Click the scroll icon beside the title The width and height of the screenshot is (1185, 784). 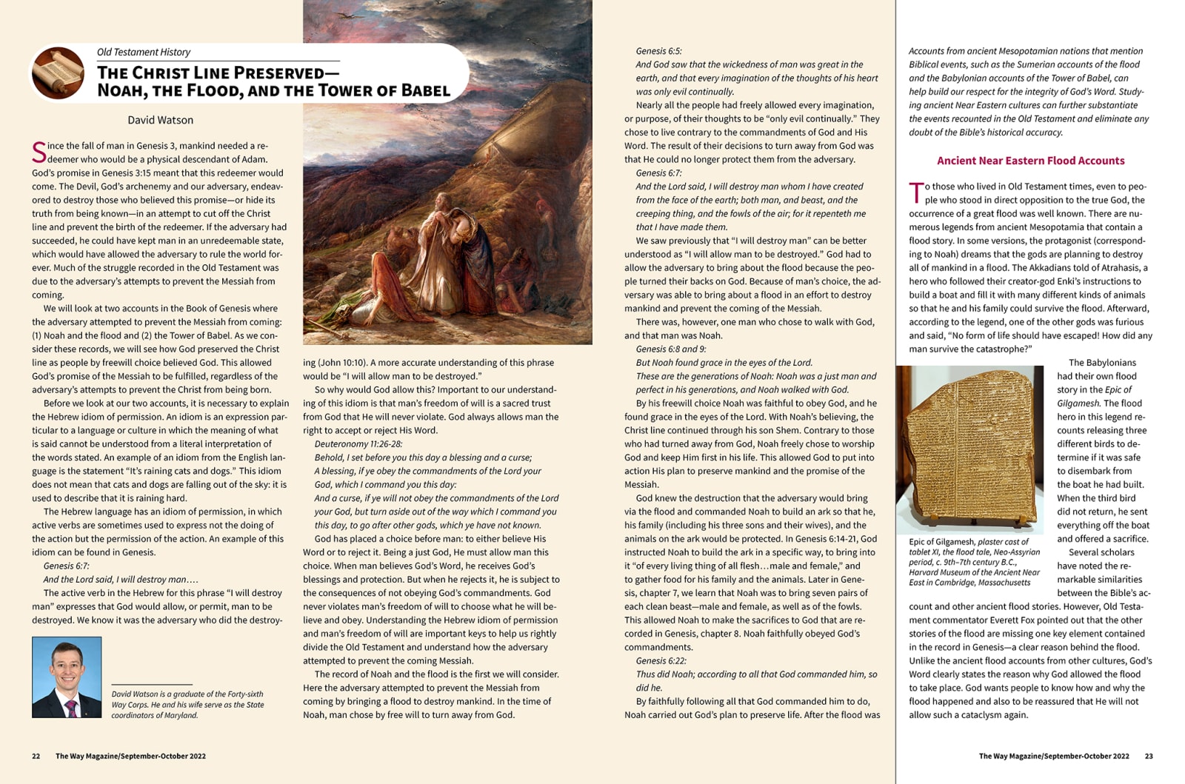(x=58, y=73)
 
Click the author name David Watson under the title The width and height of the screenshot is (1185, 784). (x=160, y=120)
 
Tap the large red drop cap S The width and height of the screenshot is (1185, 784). (x=39, y=153)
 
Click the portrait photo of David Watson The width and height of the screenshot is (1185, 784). (x=67, y=677)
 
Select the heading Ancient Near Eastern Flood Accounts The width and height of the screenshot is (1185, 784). (x=1030, y=161)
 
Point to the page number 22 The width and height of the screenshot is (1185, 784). (x=36, y=756)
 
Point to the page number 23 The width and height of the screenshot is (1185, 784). (x=1149, y=756)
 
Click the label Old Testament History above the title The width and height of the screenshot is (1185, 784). (x=144, y=52)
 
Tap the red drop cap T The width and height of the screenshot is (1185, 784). (x=916, y=192)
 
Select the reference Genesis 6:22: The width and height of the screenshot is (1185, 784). (x=661, y=660)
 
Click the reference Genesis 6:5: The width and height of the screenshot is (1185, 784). (x=658, y=51)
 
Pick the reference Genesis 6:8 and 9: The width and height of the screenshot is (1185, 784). (x=670, y=349)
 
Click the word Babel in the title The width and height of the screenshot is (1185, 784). (x=425, y=91)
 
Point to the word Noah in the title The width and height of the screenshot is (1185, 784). (x=122, y=91)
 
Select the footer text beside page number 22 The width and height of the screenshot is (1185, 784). (x=130, y=756)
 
